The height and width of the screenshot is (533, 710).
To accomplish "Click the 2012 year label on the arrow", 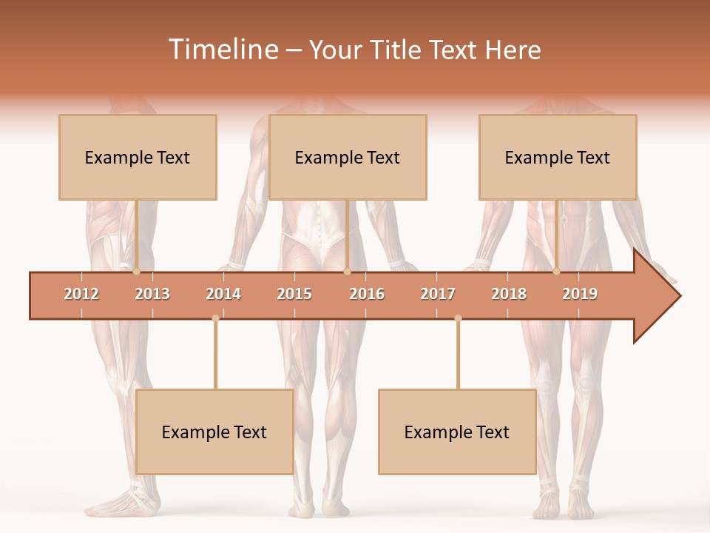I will [x=81, y=294].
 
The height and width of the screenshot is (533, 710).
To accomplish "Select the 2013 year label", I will [x=152, y=294].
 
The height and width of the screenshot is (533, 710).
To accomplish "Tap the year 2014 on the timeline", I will [x=223, y=294].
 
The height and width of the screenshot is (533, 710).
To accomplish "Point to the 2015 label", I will [x=294, y=294].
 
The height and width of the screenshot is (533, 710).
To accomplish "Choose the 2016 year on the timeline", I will [x=367, y=294].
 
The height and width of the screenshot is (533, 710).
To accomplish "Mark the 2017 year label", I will [x=438, y=294].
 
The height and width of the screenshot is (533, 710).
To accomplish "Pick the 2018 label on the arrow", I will [x=509, y=294].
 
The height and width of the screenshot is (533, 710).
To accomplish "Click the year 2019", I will [x=580, y=294].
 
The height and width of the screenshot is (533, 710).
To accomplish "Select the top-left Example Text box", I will [x=138, y=157].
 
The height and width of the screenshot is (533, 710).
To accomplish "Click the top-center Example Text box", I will [x=348, y=157].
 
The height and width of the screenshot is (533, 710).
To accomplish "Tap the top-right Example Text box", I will [x=558, y=157].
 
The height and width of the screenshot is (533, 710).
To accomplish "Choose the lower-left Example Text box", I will [x=214, y=432].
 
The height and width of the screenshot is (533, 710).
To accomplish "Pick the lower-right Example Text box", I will [x=457, y=432].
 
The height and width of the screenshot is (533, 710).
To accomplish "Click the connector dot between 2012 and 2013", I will [x=136, y=272].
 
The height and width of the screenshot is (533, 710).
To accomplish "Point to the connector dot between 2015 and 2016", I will [x=347, y=272].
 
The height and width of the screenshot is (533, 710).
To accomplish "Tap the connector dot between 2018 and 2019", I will [x=557, y=272].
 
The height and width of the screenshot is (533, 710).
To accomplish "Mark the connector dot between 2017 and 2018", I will [x=458, y=318].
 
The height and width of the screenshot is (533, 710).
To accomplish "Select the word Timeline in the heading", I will [x=223, y=50].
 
